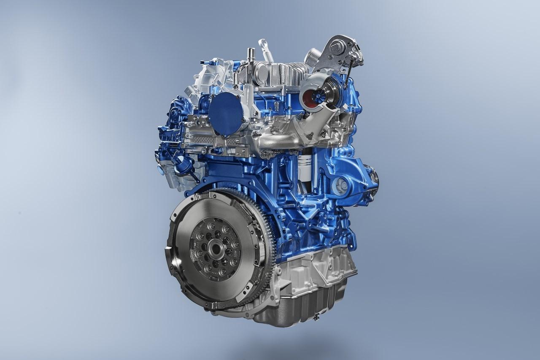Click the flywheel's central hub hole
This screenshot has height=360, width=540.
(218, 248)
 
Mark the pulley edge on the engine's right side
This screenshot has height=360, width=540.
(375, 181)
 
